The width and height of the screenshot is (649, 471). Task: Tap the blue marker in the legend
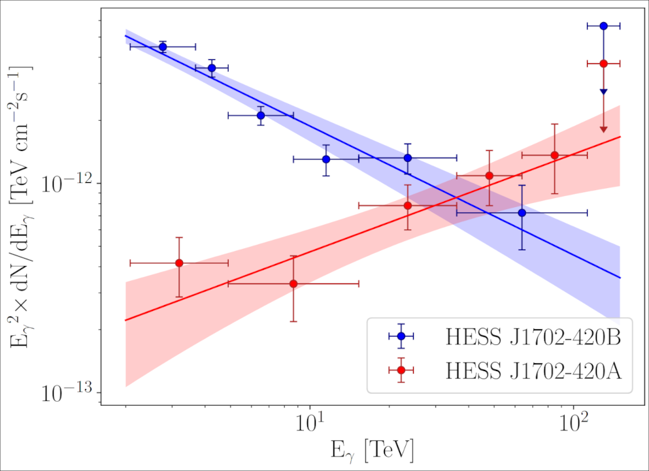[401, 336]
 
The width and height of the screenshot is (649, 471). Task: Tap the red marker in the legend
[401, 370]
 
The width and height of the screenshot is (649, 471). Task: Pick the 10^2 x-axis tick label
[574, 421]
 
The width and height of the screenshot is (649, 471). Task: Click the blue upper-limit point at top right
[603, 26]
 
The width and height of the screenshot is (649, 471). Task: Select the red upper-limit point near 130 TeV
[603, 63]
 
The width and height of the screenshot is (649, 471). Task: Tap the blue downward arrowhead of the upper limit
[603, 92]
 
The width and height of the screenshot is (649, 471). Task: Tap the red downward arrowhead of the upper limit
[603, 129]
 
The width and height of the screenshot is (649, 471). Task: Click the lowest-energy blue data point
[163, 47]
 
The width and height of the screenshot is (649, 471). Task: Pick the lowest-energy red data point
[179, 263]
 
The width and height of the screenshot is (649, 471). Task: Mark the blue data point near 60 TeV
[522, 213]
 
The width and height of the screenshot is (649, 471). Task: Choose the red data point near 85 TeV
[554, 155]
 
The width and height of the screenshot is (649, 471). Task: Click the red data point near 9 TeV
[293, 284]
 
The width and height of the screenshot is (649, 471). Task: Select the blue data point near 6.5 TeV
[261, 116]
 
